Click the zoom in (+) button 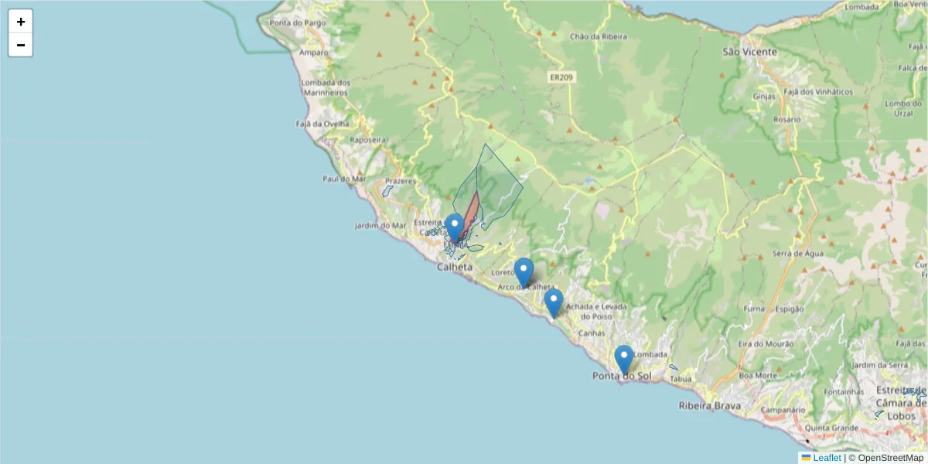click(x=21, y=22)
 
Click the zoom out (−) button click(x=21, y=45)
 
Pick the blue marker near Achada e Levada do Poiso click(x=553, y=303)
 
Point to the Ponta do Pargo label click(x=298, y=22)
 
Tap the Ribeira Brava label click(x=709, y=405)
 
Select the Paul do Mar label click(x=343, y=179)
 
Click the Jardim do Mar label click(x=380, y=226)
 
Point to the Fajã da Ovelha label click(x=322, y=123)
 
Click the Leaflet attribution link click(x=826, y=458)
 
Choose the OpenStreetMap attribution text click(x=885, y=458)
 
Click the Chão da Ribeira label click(x=598, y=36)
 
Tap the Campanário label click(x=783, y=409)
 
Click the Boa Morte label click(x=757, y=376)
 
